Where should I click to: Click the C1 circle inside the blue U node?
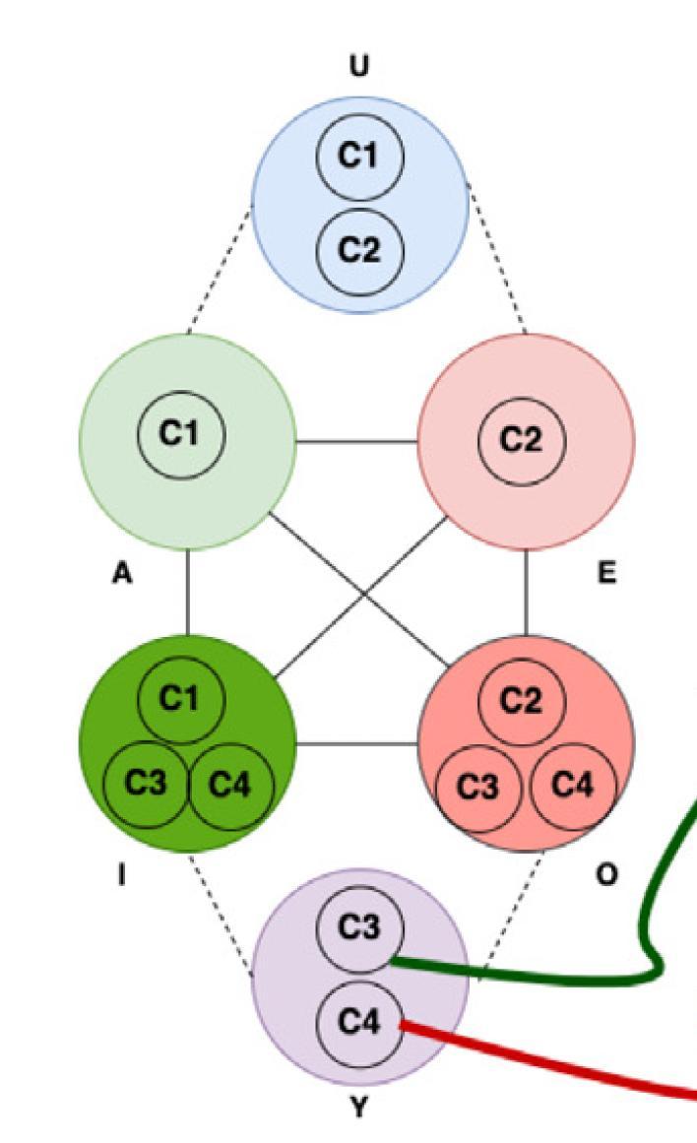point(360,157)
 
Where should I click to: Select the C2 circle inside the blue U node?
point(360,250)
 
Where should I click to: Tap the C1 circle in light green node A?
point(181,434)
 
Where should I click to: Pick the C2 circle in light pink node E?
point(522,440)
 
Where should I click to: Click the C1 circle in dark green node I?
point(181,698)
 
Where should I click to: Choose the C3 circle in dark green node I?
point(147,784)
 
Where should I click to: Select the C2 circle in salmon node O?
point(522,700)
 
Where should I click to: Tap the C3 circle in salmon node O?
point(479,787)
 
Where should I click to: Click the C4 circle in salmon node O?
point(573,785)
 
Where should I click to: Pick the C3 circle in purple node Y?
point(360,928)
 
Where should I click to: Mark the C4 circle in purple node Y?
point(360,1023)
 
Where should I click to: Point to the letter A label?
point(121,575)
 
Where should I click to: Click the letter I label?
point(121,875)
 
